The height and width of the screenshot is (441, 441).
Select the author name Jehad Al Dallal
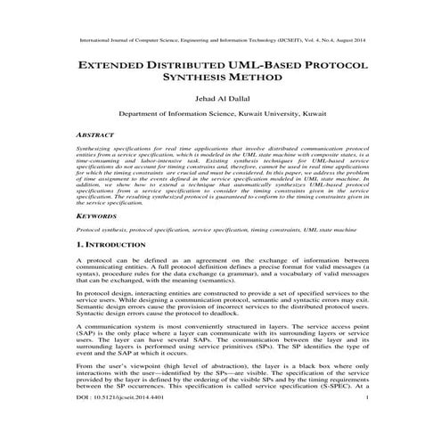pyautogui.click(x=220, y=108)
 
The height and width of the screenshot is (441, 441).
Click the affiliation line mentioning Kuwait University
pyautogui.click(x=220, y=127)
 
